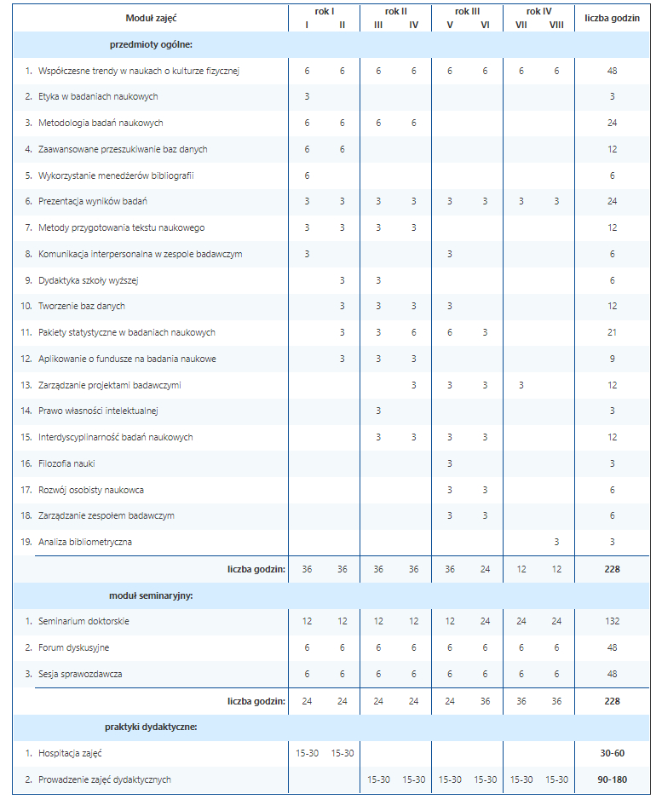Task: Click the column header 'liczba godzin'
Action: tap(612, 18)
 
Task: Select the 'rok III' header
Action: tap(467, 11)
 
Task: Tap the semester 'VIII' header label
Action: tap(556, 25)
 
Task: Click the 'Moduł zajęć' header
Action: tap(151, 18)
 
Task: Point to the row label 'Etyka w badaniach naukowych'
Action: tap(97, 97)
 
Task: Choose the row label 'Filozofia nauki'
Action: tap(66, 463)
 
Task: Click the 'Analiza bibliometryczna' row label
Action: tap(85, 542)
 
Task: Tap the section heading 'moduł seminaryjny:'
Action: tap(151, 595)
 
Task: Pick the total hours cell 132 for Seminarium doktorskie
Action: tap(612, 621)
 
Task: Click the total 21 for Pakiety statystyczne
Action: tap(612, 332)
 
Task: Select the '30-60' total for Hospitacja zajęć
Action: tap(612, 753)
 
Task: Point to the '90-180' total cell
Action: tap(612, 779)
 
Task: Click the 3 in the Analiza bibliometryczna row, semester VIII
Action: tap(556, 542)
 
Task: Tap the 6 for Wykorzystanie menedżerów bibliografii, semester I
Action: tap(307, 175)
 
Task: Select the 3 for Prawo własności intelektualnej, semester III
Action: tap(378, 411)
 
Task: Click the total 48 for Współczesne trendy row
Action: tap(612, 71)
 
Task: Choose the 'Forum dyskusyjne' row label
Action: tap(73, 647)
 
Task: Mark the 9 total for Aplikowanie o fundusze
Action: tap(612, 359)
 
